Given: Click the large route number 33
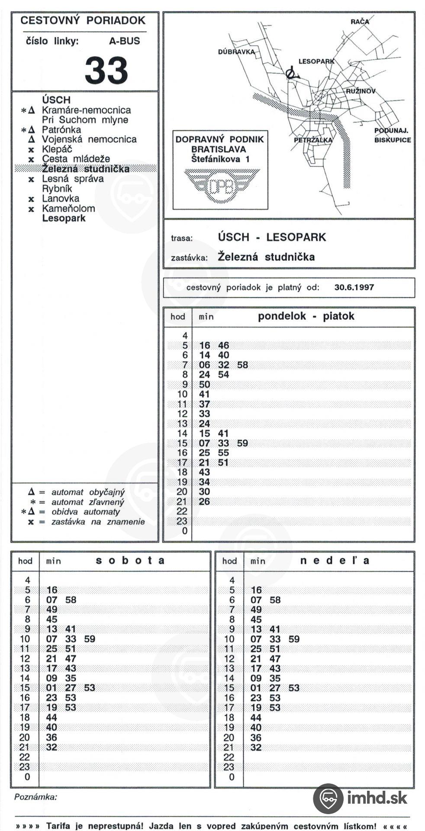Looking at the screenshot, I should (x=106, y=71).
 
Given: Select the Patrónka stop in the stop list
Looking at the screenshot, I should (x=61, y=129).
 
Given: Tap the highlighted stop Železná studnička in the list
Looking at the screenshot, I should (x=85, y=169).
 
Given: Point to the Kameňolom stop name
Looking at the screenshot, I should (x=68, y=208).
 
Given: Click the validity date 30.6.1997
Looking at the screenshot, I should (x=354, y=287).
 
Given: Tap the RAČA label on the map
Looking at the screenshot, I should (x=360, y=21).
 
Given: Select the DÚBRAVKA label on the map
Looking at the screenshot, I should (x=236, y=52).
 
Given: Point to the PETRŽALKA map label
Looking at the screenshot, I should (x=313, y=140).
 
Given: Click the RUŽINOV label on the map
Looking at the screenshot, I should (x=361, y=91).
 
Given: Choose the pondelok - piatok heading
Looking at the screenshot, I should (x=306, y=316).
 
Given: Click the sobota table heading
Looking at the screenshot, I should (x=130, y=560).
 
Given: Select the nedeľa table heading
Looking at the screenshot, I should (x=335, y=560).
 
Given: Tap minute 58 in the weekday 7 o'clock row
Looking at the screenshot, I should (x=242, y=365).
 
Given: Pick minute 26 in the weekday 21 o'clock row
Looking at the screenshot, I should (x=204, y=501).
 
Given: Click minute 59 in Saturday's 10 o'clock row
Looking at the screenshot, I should (x=90, y=639).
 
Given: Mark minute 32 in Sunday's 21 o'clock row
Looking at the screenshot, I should (x=256, y=747).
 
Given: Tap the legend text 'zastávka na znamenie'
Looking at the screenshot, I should (x=98, y=522).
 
